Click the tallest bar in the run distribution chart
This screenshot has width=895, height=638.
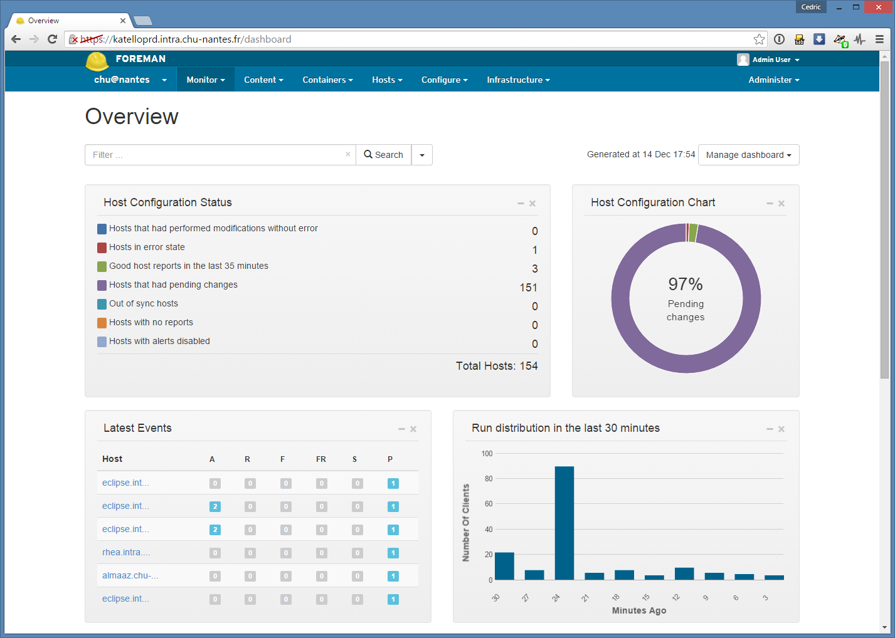564,523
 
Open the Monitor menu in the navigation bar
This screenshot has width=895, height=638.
205,80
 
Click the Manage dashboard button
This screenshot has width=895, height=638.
748,155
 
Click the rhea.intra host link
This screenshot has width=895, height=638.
126,552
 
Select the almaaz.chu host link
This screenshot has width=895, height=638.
130,575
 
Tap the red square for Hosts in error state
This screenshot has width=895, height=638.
102,248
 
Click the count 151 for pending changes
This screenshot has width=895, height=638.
528,288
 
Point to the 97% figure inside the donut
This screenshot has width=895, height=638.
686,285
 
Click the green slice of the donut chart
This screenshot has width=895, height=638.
693,233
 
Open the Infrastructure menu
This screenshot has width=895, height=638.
518,80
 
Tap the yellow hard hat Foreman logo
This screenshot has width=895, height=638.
97,61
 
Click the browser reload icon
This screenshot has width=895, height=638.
52,39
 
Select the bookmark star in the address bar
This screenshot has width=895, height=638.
759,39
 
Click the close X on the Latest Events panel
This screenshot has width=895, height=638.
413,429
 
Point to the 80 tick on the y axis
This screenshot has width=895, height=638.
488,478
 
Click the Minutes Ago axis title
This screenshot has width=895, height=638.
639,610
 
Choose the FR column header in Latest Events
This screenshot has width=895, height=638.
321,459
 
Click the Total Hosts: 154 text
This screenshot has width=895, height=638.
497,366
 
